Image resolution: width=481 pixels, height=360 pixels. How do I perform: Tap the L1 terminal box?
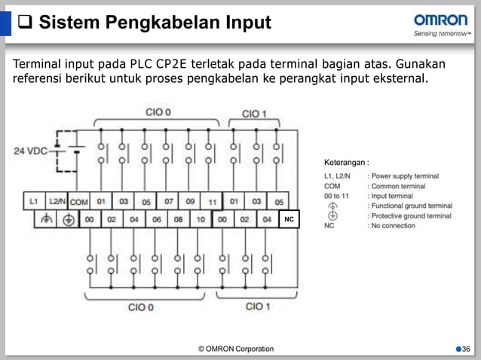click(34, 202)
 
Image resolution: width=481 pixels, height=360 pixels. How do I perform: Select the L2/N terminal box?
click(57, 202)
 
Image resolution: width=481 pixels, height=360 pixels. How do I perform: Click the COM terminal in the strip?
click(78, 202)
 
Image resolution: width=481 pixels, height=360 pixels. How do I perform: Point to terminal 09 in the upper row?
click(190, 202)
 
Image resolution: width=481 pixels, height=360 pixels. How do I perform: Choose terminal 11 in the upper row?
click(213, 202)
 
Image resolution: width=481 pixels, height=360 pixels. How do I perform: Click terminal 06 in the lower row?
click(156, 219)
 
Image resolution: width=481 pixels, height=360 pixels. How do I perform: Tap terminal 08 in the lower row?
click(179, 219)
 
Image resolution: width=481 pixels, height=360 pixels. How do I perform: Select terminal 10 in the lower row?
click(201, 219)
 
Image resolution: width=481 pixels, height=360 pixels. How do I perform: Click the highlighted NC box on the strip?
click(288, 219)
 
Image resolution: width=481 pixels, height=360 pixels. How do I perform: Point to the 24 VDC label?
click(31, 151)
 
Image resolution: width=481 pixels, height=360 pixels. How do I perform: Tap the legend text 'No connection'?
click(391, 225)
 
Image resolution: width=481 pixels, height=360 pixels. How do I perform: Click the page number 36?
click(465, 349)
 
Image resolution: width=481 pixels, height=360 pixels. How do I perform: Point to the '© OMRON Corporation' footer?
click(236, 349)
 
